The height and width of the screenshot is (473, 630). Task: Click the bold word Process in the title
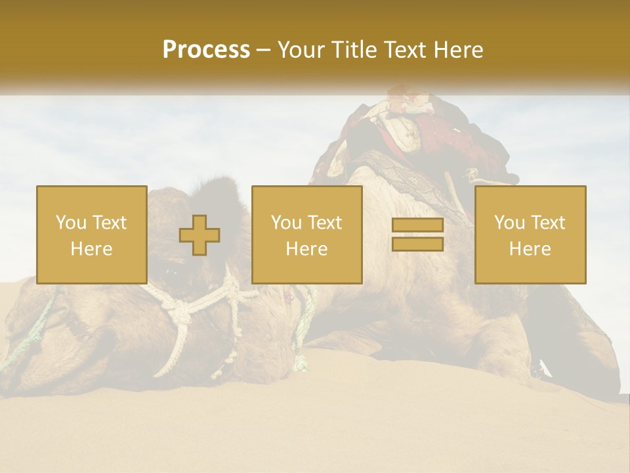[x=206, y=50]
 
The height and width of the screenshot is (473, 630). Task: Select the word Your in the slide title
[x=301, y=50]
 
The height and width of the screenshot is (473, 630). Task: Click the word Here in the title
[x=459, y=50]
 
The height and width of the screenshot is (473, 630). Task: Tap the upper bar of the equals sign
[x=417, y=225]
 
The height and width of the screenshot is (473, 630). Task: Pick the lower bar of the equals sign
[x=417, y=244]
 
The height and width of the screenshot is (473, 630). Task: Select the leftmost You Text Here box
[x=91, y=235]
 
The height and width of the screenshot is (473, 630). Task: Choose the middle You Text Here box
[x=306, y=235]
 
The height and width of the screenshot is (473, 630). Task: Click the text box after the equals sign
[x=530, y=235]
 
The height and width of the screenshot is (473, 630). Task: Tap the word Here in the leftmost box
[x=91, y=249]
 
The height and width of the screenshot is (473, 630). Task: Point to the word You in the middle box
[x=286, y=223]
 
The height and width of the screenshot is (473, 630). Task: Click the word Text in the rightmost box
[x=547, y=223]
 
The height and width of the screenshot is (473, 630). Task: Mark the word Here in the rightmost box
[x=530, y=249]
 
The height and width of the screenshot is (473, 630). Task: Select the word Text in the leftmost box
[x=108, y=223]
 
